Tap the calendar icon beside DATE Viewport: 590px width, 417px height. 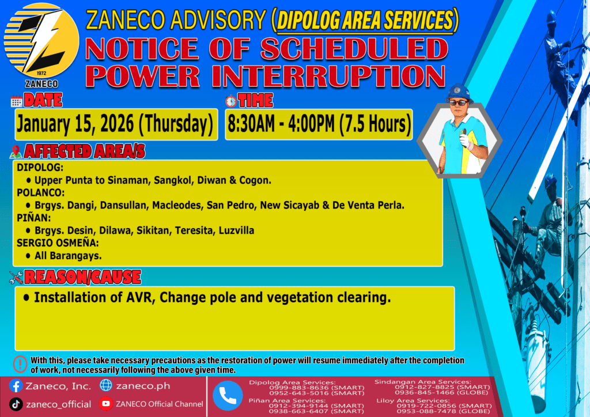(x=17, y=101)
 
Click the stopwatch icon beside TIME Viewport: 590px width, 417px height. (x=231, y=101)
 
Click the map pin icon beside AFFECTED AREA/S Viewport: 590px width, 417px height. (x=16, y=152)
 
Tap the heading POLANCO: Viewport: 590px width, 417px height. (x=41, y=192)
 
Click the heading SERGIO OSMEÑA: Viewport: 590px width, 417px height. (x=58, y=242)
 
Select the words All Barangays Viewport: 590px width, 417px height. (x=68, y=256)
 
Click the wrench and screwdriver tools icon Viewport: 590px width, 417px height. (x=16, y=278)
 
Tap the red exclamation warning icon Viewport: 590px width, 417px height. (x=20, y=364)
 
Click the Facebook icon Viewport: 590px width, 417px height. (x=16, y=386)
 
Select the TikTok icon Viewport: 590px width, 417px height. (x=16, y=404)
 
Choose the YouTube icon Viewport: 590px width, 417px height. (x=106, y=404)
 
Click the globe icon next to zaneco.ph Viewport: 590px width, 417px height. (x=106, y=385)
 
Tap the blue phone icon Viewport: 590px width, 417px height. (x=228, y=396)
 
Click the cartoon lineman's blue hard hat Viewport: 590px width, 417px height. (x=459, y=93)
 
